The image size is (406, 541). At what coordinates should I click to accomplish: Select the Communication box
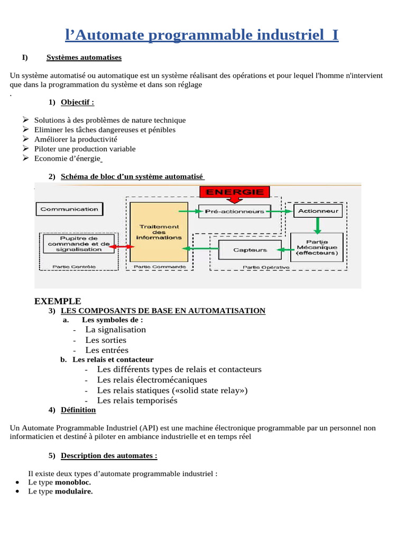pyautogui.click(x=69, y=209)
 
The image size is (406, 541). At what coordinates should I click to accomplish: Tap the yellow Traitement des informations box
pyautogui.click(x=159, y=232)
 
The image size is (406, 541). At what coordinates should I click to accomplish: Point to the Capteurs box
pyautogui.click(x=250, y=250)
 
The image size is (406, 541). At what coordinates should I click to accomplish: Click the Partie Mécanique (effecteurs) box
pyautogui.click(x=317, y=248)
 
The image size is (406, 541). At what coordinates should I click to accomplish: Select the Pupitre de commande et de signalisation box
pyautogui.click(x=78, y=244)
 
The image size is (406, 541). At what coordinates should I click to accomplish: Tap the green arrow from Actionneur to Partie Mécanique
pyautogui.click(x=318, y=226)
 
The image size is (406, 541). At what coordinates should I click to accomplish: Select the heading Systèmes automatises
pyautogui.click(x=84, y=58)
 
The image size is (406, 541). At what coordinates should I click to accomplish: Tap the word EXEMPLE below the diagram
pyautogui.click(x=58, y=301)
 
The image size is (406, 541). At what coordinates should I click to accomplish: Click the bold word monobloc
pyautogui.click(x=73, y=482)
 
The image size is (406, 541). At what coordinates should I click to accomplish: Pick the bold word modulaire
pyautogui.click(x=74, y=491)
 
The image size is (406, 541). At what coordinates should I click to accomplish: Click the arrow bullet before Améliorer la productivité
pyautogui.click(x=26, y=139)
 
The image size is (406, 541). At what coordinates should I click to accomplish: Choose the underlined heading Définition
pyautogui.click(x=78, y=410)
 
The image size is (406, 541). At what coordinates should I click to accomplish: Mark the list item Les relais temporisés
pyautogui.click(x=137, y=400)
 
